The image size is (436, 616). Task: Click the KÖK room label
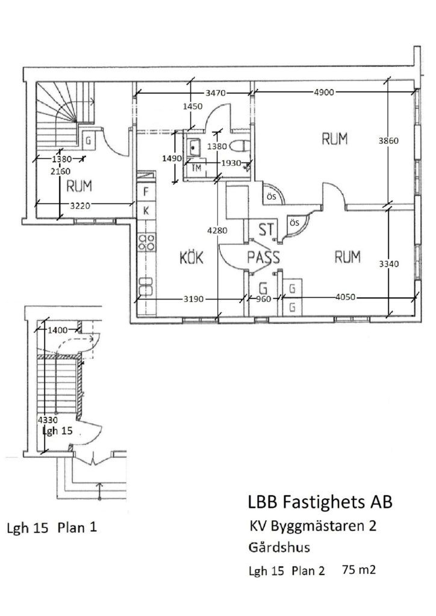click(193, 258)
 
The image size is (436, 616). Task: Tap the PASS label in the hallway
click(264, 257)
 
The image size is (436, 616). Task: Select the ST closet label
click(266, 230)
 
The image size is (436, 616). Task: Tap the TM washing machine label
click(196, 168)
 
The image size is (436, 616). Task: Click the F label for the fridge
click(145, 193)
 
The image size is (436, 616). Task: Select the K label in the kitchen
click(145, 211)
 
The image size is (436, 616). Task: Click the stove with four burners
click(146, 242)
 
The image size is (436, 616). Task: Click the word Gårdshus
click(279, 548)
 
